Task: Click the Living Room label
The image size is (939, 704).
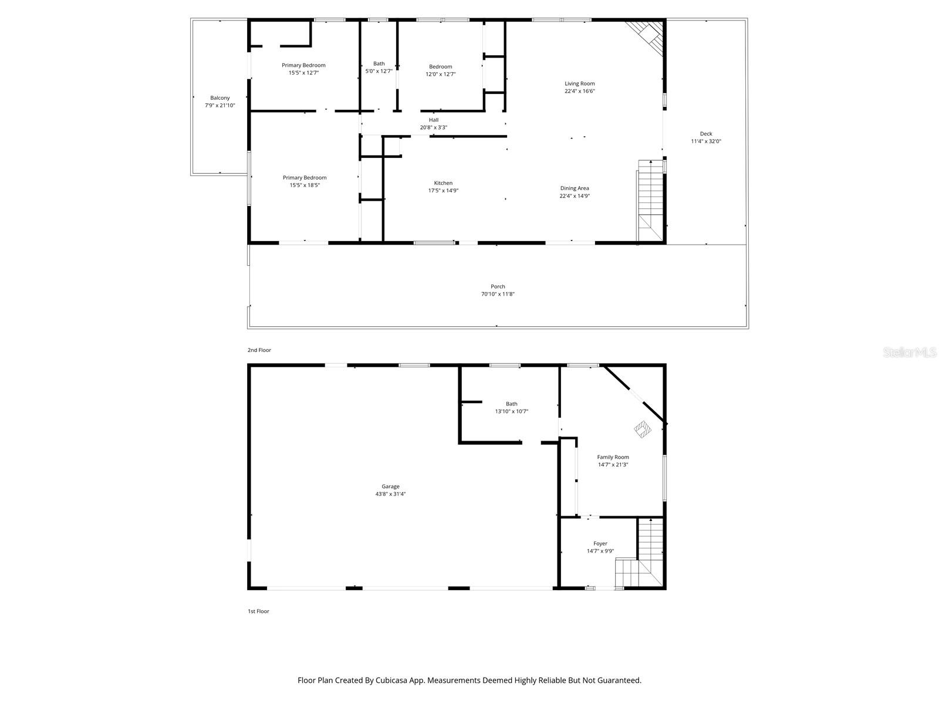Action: click(579, 84)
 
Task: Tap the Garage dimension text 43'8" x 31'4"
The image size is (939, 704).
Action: click(390, 494)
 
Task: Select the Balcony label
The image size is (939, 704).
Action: click(220, 98)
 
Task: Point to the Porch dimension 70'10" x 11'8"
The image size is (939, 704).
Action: click(498, 294)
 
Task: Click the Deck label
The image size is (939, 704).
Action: click(705, 134)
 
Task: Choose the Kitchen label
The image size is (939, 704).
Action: click(443, 183)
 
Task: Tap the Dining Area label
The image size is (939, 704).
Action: click(574, 188)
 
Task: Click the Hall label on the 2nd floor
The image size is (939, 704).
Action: click(433, 120)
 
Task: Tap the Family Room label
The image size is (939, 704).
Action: click(613, 457)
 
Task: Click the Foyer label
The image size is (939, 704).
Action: click(600, 543)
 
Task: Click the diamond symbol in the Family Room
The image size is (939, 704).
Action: click(643, 429)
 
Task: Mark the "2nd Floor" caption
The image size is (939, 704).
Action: click(259, 350)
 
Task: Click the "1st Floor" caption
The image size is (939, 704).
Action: click(258, 611)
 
